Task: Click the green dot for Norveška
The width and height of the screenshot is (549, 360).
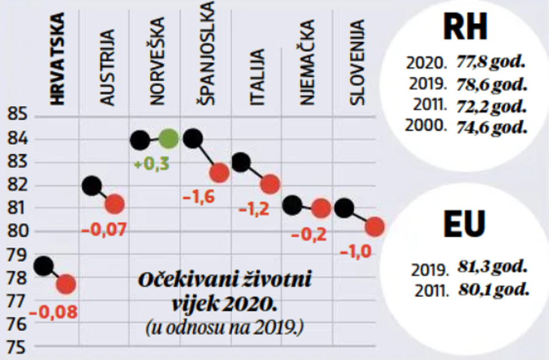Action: tap(168, 139)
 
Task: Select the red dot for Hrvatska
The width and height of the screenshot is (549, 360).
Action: tap(66, 285)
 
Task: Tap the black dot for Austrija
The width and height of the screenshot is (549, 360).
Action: tap(92, 186)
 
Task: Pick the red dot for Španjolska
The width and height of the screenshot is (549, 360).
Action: tap(219, 172)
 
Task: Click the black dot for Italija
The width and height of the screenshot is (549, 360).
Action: tap(241, 162)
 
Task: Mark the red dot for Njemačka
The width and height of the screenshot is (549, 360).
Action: tap(321, 207)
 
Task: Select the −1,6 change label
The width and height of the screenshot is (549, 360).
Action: tap(199, 198)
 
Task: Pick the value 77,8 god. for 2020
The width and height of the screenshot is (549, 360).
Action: tap(492, 63)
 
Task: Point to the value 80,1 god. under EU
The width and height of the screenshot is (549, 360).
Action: tap(492, 289)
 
